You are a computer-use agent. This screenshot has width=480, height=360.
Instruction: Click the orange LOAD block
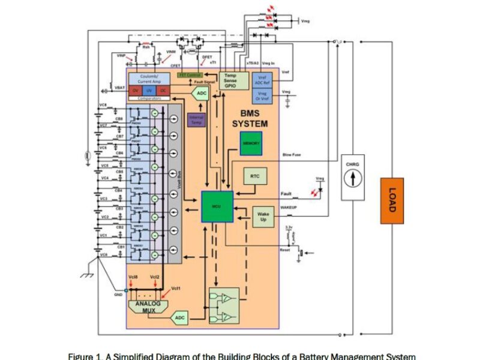tap(392, 200)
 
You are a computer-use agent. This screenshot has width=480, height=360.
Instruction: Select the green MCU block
tap(217, 206)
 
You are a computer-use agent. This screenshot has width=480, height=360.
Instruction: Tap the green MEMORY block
tap(251, 143)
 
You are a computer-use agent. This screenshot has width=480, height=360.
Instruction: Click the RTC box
tap(254, 176)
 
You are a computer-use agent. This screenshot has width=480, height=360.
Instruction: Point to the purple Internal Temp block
tap(196, 120)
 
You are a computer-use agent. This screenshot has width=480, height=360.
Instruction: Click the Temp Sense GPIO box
tap(231, 80)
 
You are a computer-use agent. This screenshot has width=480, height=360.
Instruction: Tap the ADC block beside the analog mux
tap(179, 317)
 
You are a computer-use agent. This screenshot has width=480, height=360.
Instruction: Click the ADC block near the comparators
tap(200, 94)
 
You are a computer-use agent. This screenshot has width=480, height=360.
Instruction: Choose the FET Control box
tap(191, 75)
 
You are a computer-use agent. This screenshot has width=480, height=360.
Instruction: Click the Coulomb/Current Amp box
tap(149, 79)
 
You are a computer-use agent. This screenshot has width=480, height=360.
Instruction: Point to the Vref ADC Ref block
tap(262, 80)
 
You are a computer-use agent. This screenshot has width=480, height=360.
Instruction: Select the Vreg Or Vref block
tap(262, 95)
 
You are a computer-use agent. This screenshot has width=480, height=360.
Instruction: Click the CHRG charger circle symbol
tap(352, 178)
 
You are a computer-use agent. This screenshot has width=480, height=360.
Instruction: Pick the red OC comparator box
tap(163, 90)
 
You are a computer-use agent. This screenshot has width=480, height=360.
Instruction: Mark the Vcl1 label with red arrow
tap(175, 289)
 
